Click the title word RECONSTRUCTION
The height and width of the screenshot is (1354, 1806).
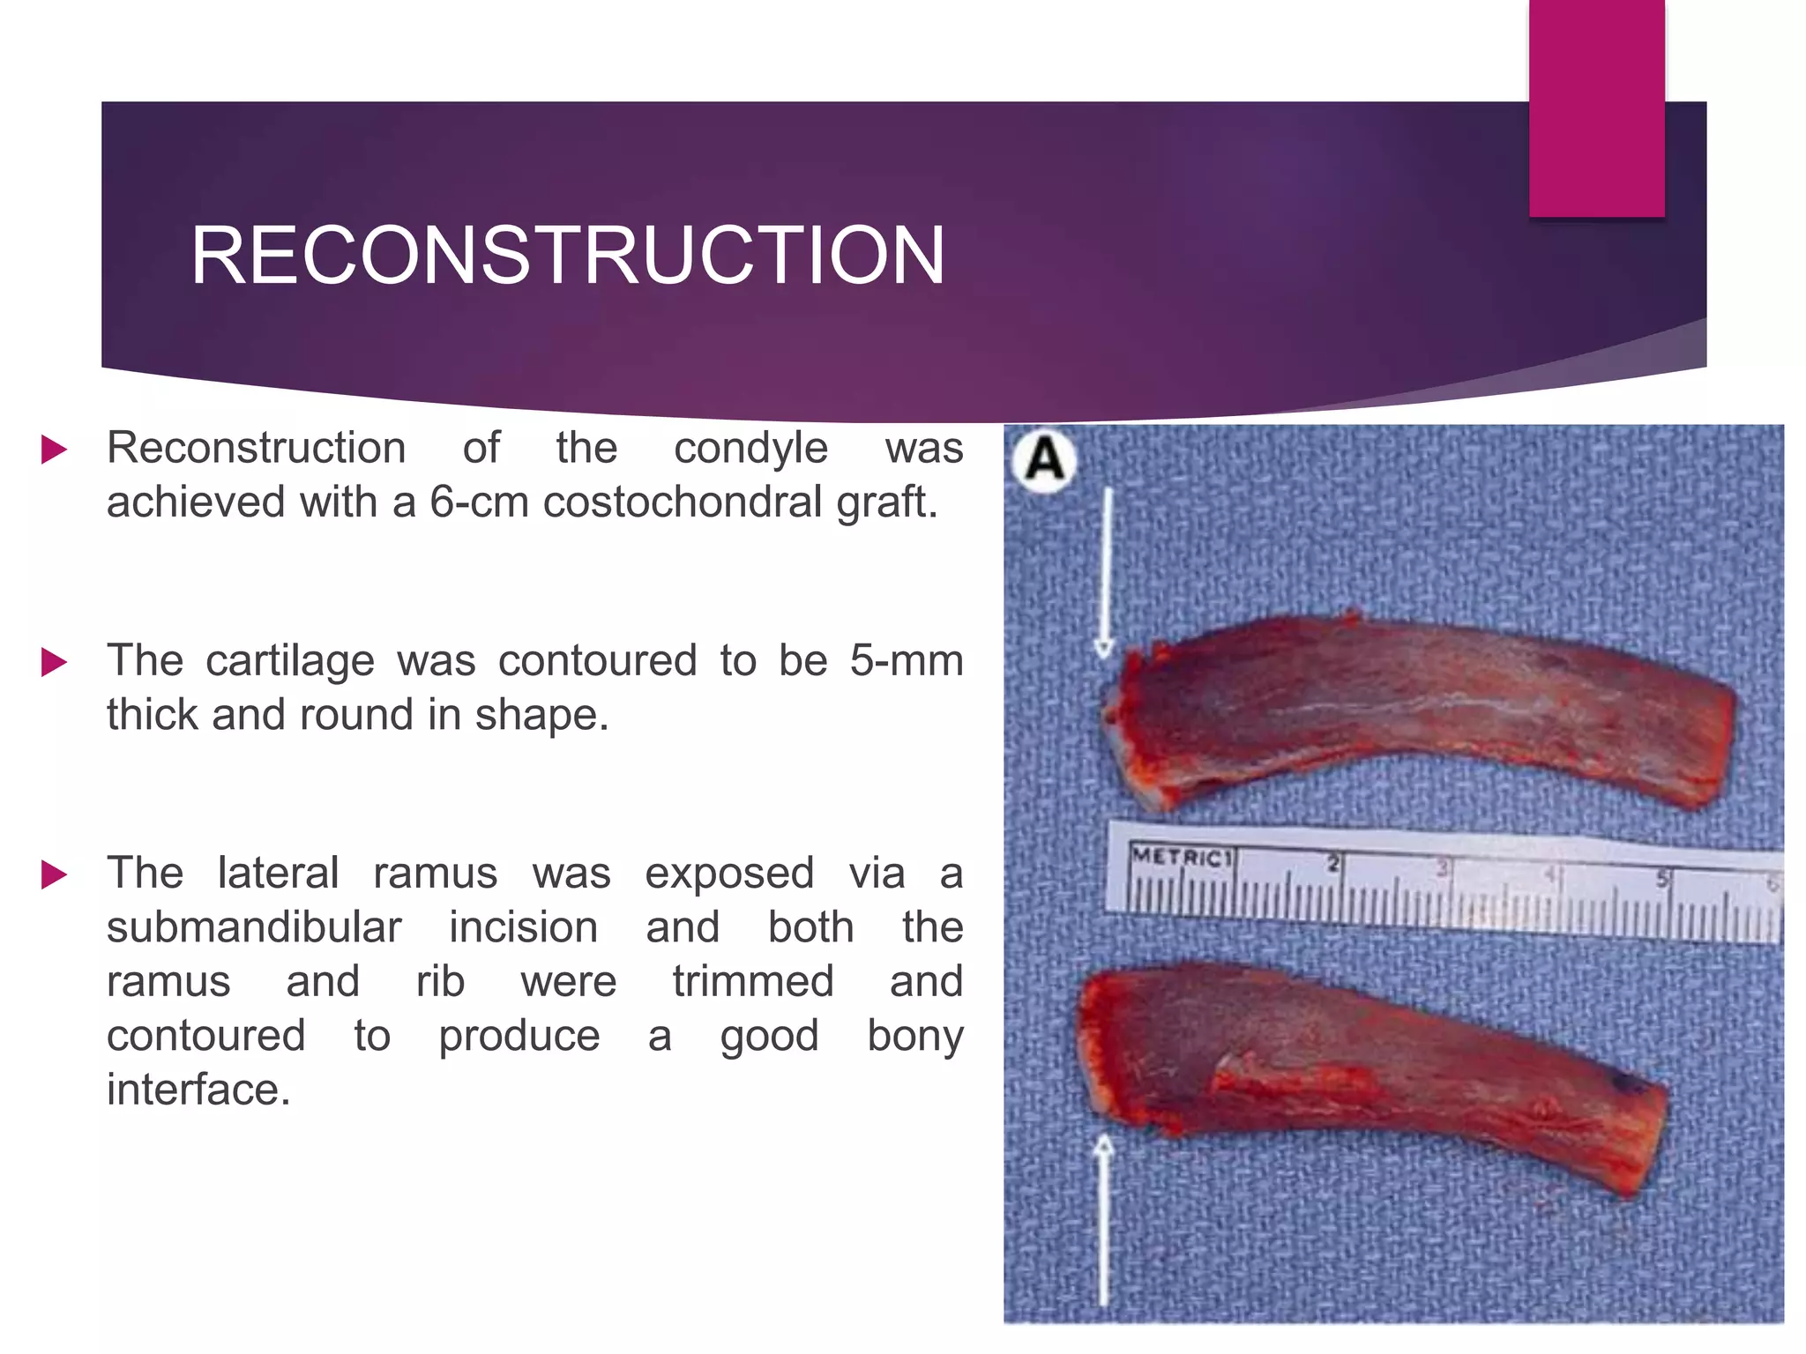tap(568, 256)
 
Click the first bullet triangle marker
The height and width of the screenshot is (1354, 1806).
tap(54, 450)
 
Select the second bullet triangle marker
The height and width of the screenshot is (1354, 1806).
tap(54, 662)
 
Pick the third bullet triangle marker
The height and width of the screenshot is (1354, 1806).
tap(54, 874)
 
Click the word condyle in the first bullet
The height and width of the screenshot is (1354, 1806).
tap(750, 449)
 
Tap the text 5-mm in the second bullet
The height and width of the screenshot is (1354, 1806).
tap(906, 661)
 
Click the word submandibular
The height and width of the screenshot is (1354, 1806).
tap(254, 928)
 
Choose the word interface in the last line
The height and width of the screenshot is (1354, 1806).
tap(198, 1090)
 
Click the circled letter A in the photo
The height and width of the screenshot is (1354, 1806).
tap(1045, 460)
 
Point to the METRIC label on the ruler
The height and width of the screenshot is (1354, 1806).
tap(1180, 857)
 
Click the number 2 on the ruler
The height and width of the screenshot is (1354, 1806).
tap(1334, 863)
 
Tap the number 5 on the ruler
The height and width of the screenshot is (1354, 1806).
tap(1662, 878)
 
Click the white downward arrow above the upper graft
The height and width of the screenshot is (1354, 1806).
tap(1106, 573)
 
